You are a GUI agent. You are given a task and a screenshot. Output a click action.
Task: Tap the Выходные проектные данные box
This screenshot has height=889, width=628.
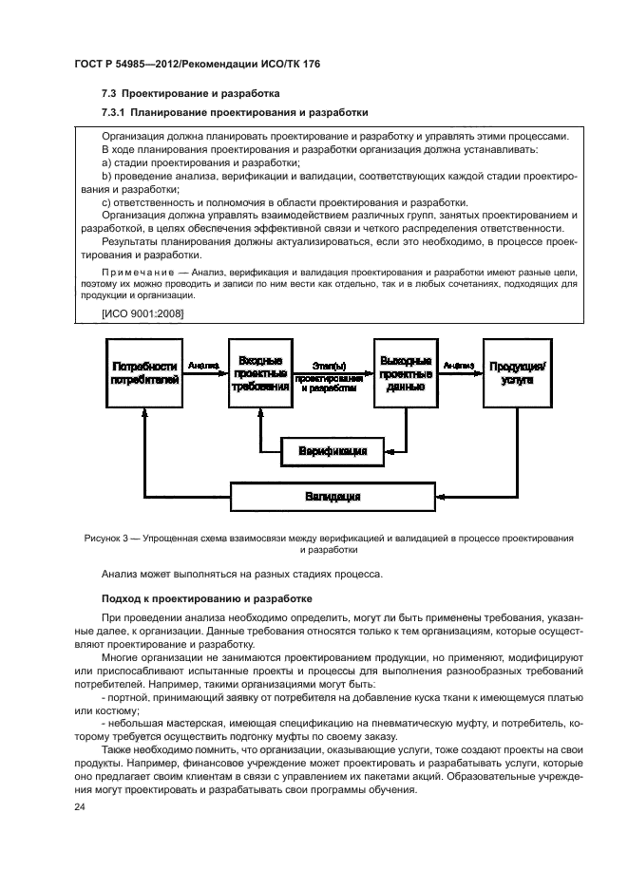[x=406, y=375]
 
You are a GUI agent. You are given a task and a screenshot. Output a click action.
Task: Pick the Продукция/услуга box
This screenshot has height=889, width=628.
[x=518, y=373]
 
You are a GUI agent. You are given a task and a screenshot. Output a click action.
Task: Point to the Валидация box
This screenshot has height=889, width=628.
[x=333, y=497]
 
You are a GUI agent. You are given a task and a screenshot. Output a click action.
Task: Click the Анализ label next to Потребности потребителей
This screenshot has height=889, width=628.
[x=202, y=364]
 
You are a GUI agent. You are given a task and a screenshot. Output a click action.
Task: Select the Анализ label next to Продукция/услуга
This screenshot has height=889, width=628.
[x=458, y=364]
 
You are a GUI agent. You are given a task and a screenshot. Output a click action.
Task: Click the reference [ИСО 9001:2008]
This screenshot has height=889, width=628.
[x=143, y=312]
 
